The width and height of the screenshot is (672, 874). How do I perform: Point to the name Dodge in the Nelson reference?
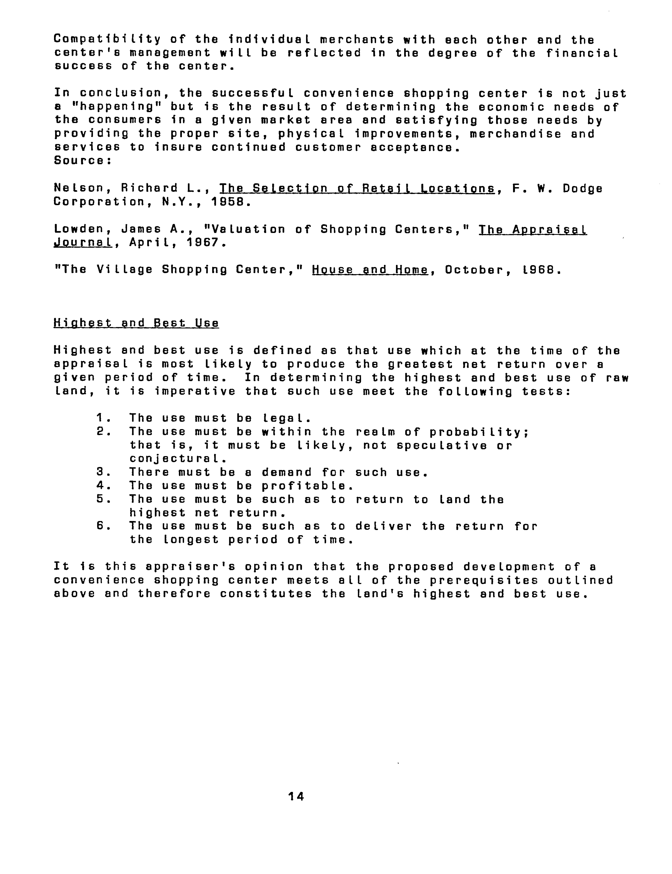(x=582, y=188)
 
